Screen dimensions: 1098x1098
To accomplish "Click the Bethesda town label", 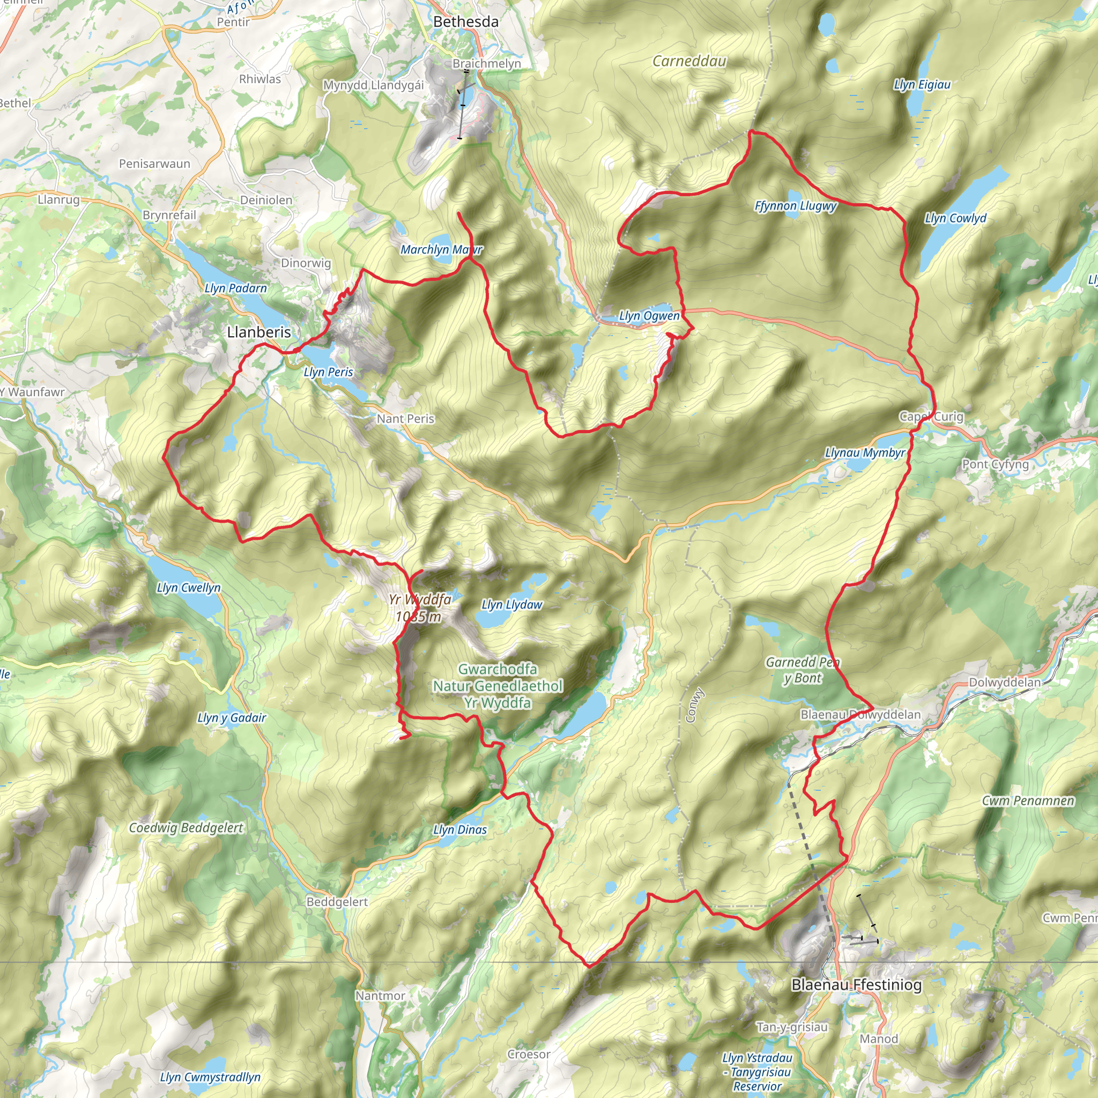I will pyautogui.click(x=465, y=21).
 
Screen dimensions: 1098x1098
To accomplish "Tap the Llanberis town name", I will pyautogui.click(x=258, y=332).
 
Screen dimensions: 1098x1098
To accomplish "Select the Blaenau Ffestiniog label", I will pyautogui.click(x=856, y=984).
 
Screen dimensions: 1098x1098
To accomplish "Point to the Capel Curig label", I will pyautogui.click(x=931, y=417).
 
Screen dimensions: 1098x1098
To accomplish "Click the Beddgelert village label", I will pyautogui.click(x=337, y=902).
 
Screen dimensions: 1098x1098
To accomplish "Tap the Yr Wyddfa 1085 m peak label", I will pyautogui.click(x=419, y=608).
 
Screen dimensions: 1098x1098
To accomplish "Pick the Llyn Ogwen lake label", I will pyautogui.click(x=649, y=316).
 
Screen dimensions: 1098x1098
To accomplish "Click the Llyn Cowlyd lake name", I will pyautogui.click(x=955, y=218).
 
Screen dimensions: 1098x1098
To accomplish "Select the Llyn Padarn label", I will pyautogui.click(x=236, y=288).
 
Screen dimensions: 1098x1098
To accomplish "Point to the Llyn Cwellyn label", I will pyautogui.click(x=189, y=588).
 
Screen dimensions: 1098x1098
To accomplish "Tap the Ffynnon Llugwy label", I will pyautogui.click(x=795, y=206).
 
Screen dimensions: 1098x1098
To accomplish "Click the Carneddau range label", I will pyautogui.click(x=689, y=61).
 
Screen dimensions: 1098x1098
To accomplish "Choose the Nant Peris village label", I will pyautogui.click(x=405, y=419).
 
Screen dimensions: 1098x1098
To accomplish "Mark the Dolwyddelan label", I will pyautogui.click(x=1004, y=682).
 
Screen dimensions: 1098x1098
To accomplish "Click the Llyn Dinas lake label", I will pyautogui.click(x=460, y=830).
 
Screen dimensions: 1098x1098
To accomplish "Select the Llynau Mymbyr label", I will pyautogui.click(x=864, y=453).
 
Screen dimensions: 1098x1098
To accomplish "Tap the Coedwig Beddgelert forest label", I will pyautogui.click(x=186, y=827).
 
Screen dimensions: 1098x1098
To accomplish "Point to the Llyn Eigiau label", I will pyautogui.click(x=922, y=85).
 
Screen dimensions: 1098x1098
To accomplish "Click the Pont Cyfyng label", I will pyautogui.click(x=995, y=464).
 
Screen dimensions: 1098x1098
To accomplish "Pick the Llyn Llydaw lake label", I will pyautogui.click(x=511, y=605).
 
